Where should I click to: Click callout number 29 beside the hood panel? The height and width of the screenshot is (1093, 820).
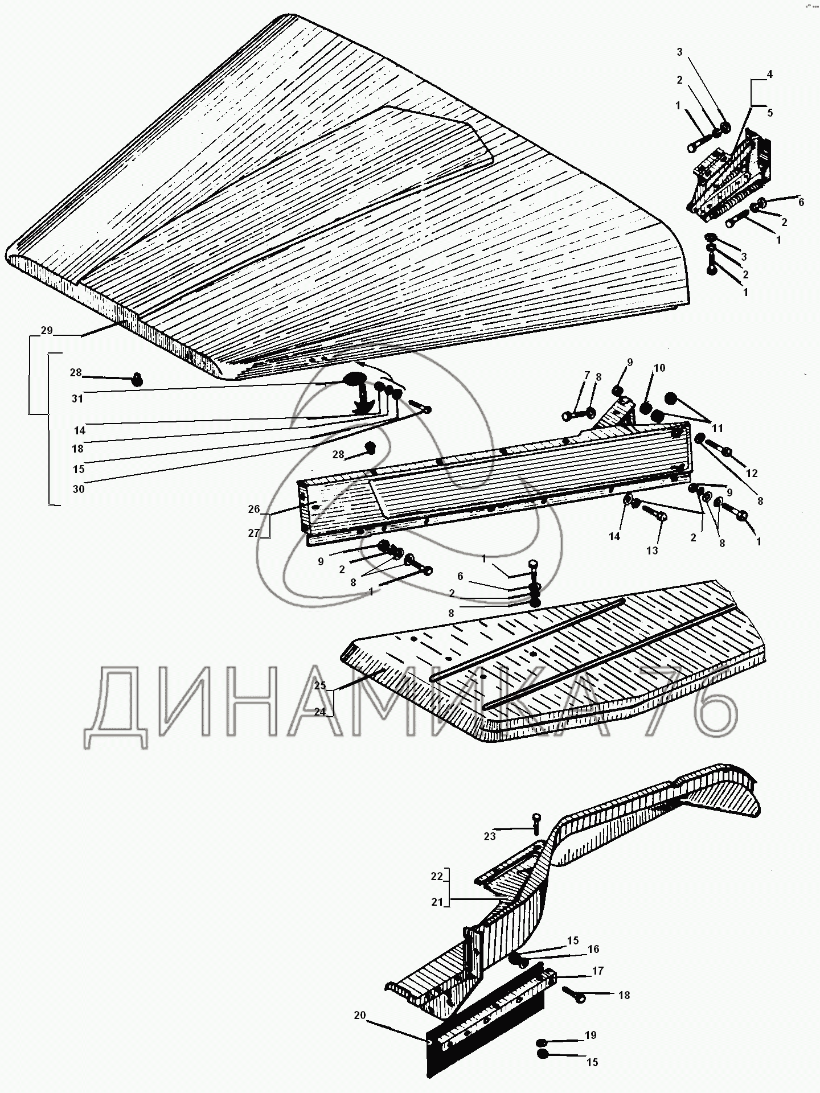47,331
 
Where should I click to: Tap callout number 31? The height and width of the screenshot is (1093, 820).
77,398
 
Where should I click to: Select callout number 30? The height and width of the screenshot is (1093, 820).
79,488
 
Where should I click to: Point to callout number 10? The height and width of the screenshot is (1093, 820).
659,368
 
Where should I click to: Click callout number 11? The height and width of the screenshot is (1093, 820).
717,427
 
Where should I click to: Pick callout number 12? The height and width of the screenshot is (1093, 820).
752,473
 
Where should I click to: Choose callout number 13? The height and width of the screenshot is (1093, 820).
652,550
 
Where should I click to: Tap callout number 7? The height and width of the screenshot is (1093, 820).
587,376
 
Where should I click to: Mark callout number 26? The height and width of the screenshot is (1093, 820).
254,509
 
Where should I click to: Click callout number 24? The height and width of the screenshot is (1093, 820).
320,712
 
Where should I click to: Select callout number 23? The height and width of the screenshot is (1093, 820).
490,836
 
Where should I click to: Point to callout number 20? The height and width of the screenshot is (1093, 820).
359,1015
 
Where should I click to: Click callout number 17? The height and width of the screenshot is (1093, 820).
598,971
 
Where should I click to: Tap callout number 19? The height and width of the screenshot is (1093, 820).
591,1035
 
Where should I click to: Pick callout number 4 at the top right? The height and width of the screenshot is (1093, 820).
769,74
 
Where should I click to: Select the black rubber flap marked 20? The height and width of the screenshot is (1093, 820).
484,1047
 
